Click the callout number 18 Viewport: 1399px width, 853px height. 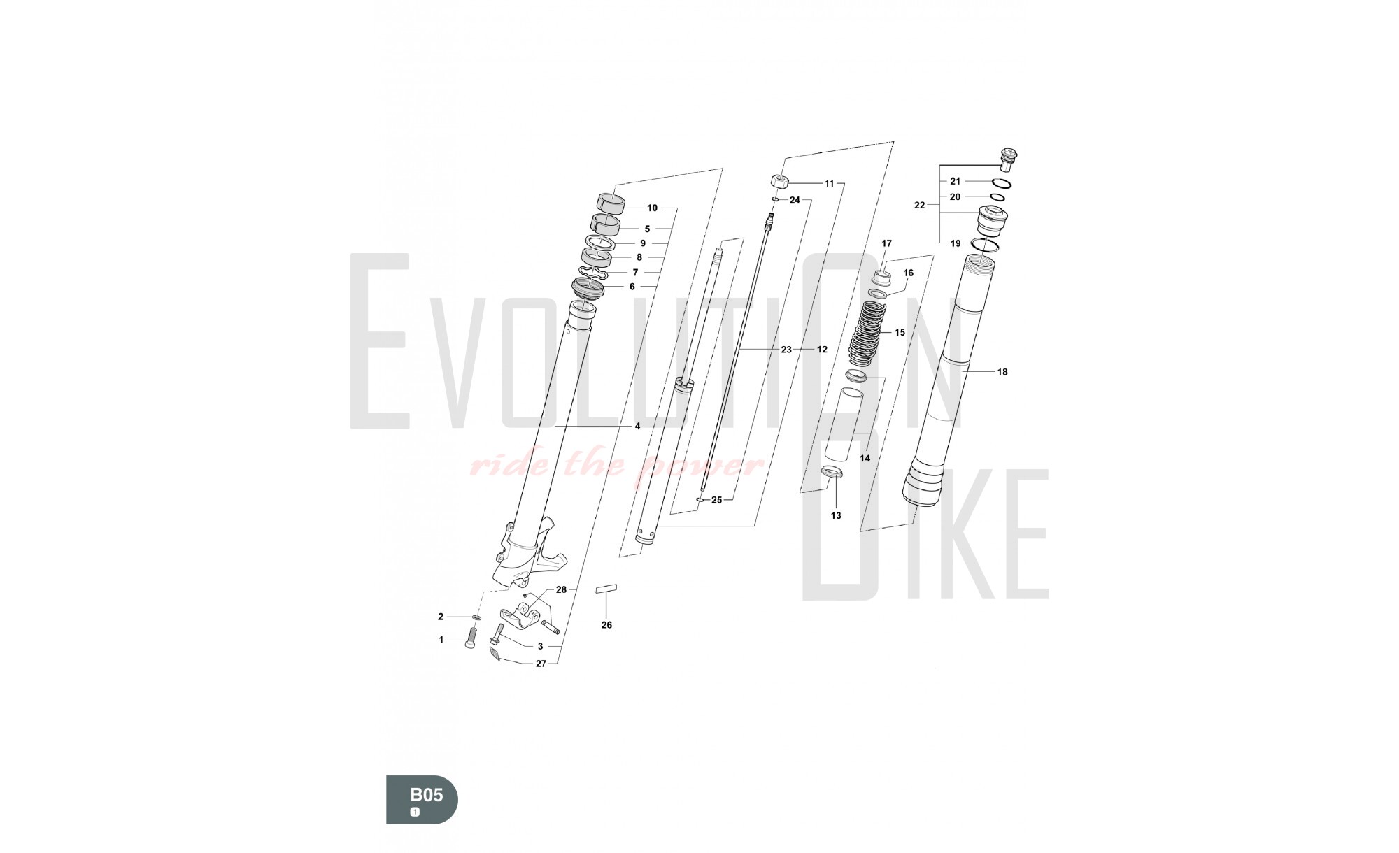tap(1002, 372)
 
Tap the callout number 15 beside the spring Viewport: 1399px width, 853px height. tap(900, 332)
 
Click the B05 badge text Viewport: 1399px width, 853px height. tap(426, 795)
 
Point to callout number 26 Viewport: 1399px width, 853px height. tap(606, 625)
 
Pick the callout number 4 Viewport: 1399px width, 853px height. tap(637, 426)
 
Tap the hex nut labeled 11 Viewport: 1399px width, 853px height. tap(781, 181)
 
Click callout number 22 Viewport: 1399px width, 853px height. tap(920, 205)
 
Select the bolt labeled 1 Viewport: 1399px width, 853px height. tap(470, 638)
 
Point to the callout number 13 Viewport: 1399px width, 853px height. tap(836, 515)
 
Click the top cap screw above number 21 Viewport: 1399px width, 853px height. tap(1007, 159)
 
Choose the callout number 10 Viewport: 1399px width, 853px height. tap(652, 208)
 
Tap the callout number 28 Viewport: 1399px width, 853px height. tap(561, 589)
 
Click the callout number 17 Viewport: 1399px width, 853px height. tap(886, 243)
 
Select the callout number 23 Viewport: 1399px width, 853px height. tap(786, 349)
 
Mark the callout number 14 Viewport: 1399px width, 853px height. tap(865, 458)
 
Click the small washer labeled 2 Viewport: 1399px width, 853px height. tap(476, 618)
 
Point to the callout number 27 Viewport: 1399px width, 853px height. tap(541, 664)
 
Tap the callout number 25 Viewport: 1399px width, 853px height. tap(716, 500)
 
